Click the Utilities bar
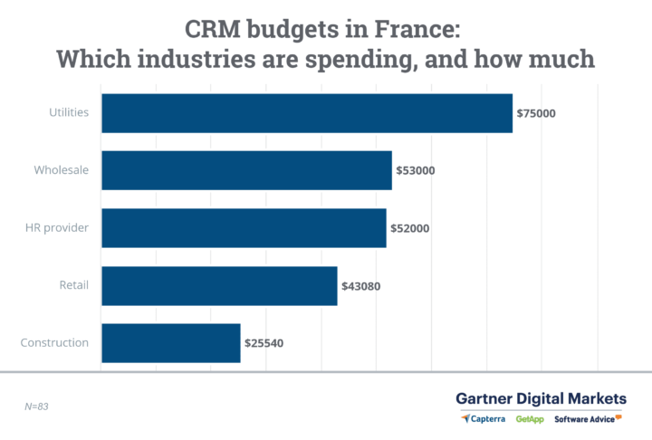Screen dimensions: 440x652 click(x=307, y=113)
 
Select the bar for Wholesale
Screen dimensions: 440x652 click(x=246, y=170)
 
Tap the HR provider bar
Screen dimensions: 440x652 click(x=244, y=228)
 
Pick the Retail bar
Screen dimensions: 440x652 click(x=219, y=286)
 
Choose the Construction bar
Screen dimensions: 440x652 click(x=171, y=343)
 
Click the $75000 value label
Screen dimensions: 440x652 click(x=536, y=114)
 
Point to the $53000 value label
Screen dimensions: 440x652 click(x=416, y=171)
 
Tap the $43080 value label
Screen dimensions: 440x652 click(x=360, y=286)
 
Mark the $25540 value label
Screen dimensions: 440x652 click(x=264, y=344)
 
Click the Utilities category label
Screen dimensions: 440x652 click(x=69, y=113)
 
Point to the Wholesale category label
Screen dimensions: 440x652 click(x=61, y=170)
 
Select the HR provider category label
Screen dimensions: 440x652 click(x=56, y=228)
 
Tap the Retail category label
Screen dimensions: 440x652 click(x=73, y=286)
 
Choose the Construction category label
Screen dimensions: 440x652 click(x=54, y=343)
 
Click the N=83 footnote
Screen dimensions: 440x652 click(x=36, y=407)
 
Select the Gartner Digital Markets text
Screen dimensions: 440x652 click(x=541, y=398)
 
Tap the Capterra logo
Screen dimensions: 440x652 click(x=484, y=419)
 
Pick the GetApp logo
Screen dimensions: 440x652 click(x=530, y=419)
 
